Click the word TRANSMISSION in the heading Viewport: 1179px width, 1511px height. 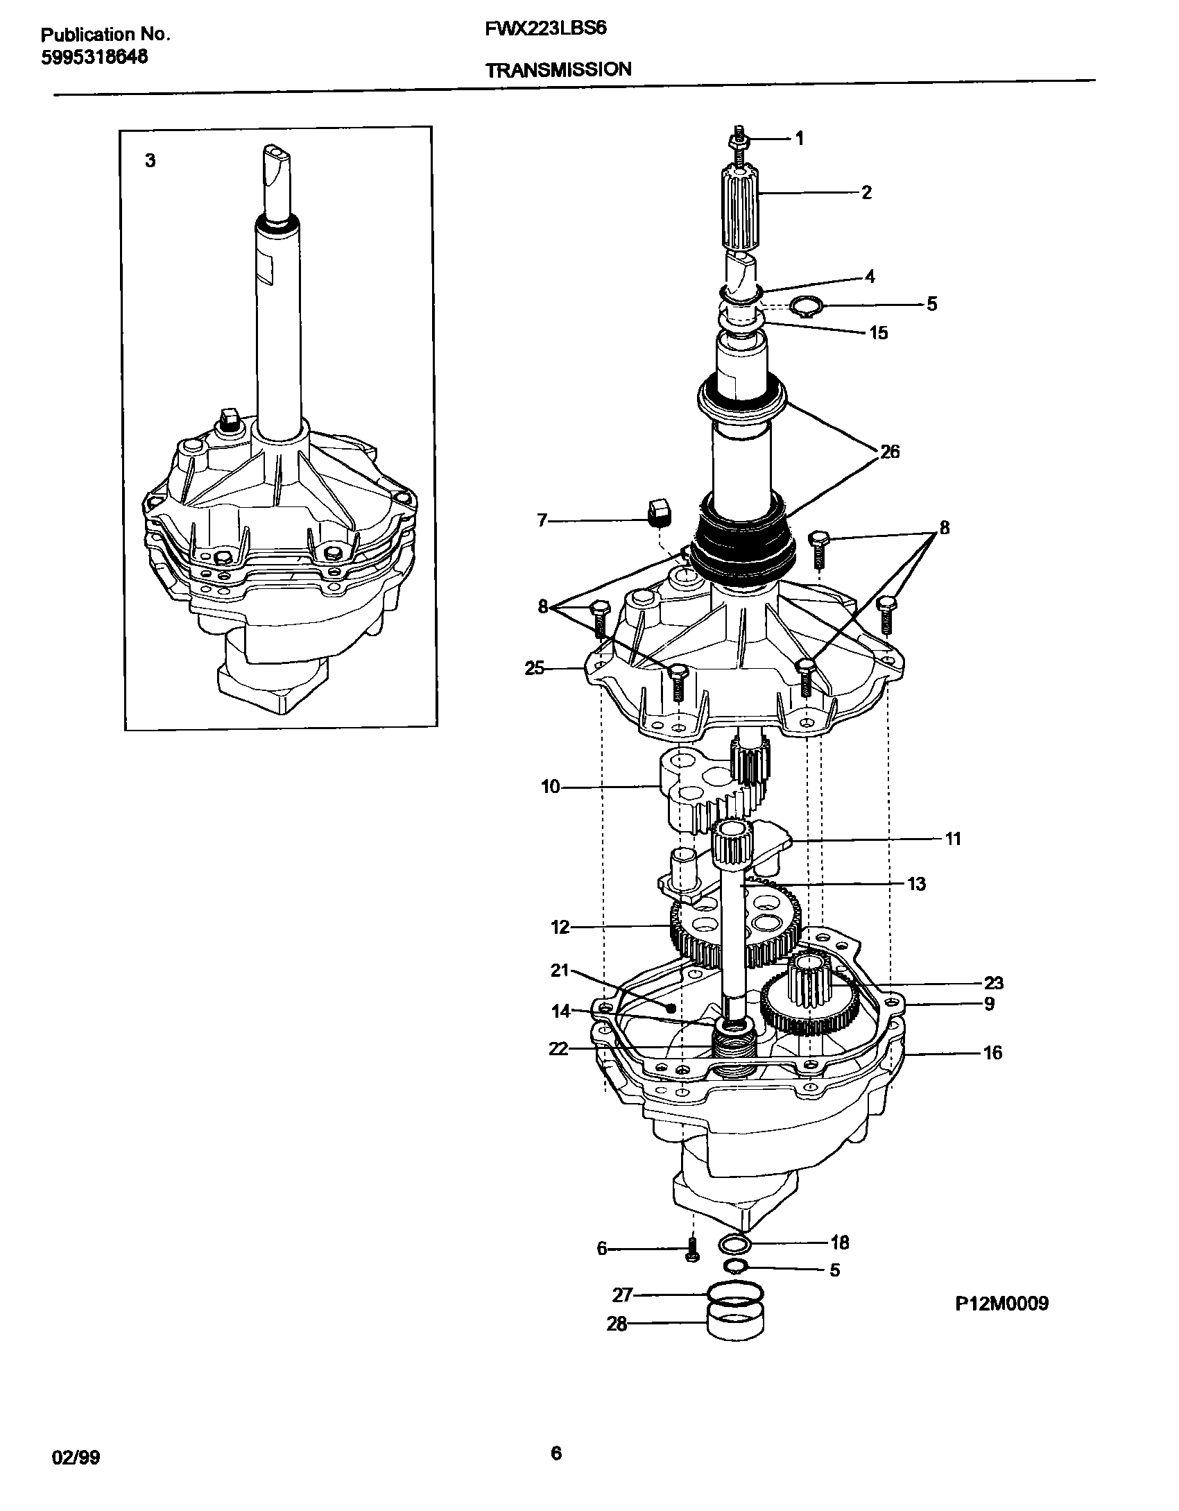[558, 69]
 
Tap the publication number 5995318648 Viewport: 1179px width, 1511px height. [94, 58]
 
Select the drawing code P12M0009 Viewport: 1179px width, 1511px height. [1001, 1304]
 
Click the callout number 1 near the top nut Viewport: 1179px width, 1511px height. [799, 139]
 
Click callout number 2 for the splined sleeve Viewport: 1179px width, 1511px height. [866, 192]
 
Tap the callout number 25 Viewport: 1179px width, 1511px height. [535, 669]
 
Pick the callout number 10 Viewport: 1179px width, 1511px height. [550, 787]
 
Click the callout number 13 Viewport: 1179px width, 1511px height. [916, 884]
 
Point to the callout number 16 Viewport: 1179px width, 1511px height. [992, 1053]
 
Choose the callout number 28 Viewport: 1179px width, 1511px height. [617, 1324]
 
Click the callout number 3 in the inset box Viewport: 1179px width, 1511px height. [150, 161]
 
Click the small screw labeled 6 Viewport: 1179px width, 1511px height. [691, 1249]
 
